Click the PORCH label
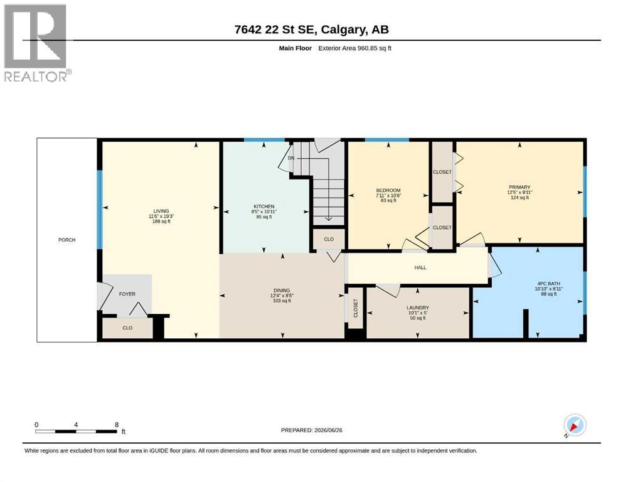(67, 240)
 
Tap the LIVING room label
(161, 211)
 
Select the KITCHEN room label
(264, 206)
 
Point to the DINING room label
(282, 291)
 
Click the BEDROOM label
(388, 190)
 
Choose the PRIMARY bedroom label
(519, 187)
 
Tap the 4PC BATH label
(549, 284)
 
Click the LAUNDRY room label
(418, 308)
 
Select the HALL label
(420, 267)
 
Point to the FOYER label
(127, 294)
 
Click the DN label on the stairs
(291, 158)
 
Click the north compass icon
(575, 426)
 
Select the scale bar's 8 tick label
(117, 424)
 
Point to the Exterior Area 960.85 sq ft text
(355, 48)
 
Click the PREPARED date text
(311, 430)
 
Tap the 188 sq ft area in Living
(161, 222)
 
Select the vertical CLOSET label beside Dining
(356, 308)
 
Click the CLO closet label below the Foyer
(127, 328)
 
